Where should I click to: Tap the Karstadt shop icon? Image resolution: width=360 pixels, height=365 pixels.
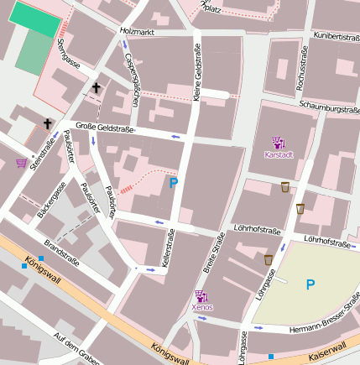[x=278, y=143]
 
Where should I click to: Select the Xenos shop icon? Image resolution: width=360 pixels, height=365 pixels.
[x=201, y=295]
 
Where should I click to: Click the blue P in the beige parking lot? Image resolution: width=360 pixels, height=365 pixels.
[x=310, y=284]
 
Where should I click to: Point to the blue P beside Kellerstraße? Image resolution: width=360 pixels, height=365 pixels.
[x=174, y=182]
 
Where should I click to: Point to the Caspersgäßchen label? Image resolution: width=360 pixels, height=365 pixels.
[x=131, y=81]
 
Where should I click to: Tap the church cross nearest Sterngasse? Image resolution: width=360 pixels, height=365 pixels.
[x=97, y=87]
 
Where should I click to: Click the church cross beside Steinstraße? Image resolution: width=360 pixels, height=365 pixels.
[x=48, y=124]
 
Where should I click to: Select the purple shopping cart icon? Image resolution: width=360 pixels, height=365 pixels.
[x=21, y=163]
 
